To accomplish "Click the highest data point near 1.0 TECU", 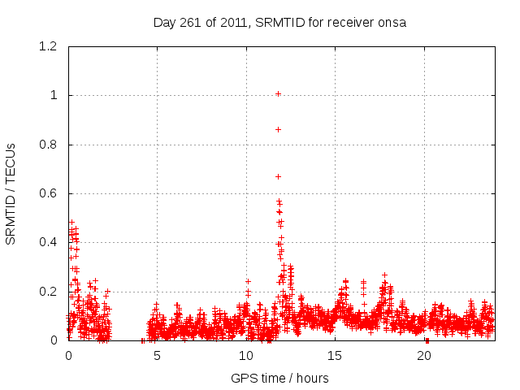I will (x=278, y=93).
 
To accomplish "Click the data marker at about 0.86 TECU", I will (x=278, y=129).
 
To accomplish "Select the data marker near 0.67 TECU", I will (x=278, y=176).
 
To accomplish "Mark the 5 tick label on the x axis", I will (x=158, y=356).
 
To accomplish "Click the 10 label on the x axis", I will (x=246, y=356).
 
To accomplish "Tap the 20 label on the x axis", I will (x=424, y=356).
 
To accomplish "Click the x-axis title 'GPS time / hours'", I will (x=279, y=378).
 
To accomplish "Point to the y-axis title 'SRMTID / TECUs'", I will (x=11, y=193).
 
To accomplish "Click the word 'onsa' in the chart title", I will (x=392, y=23).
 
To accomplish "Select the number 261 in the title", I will (x=192, y=23).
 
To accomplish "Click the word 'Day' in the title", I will (x=165, y=23).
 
